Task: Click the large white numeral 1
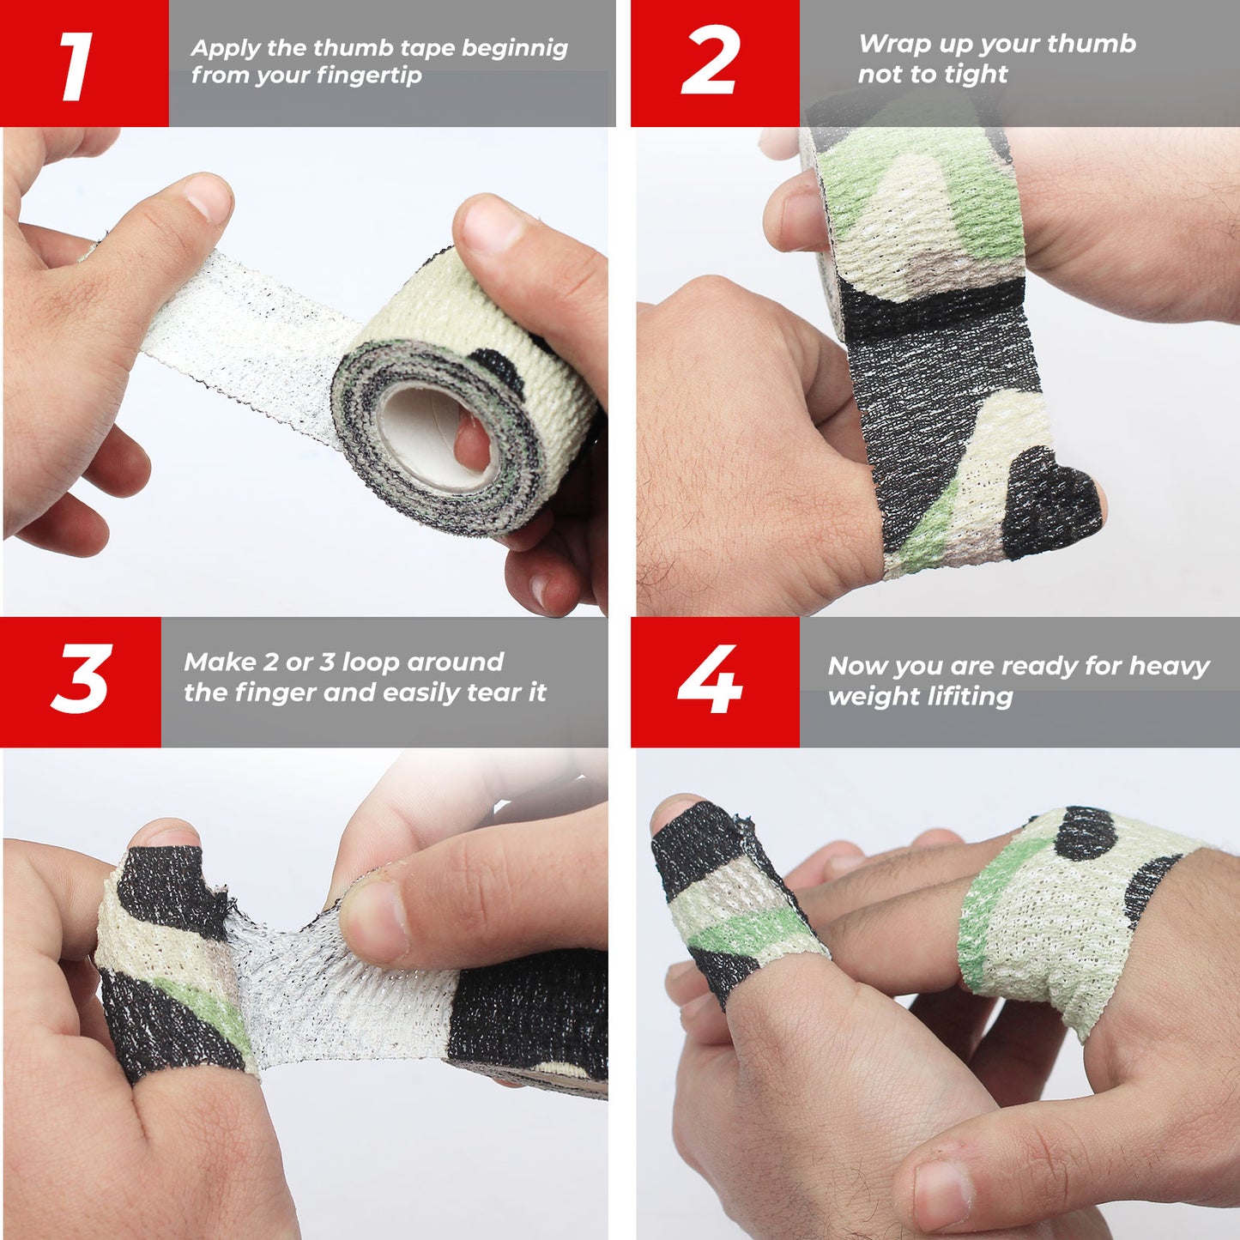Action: [76, 66]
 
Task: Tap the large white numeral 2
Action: [711, 60]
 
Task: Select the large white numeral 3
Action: [82, 678]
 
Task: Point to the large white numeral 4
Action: [711, 679]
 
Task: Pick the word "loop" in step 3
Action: [371, 662]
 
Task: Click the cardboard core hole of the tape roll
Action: [438, 432]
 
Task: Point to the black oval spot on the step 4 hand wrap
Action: [1085, 834]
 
